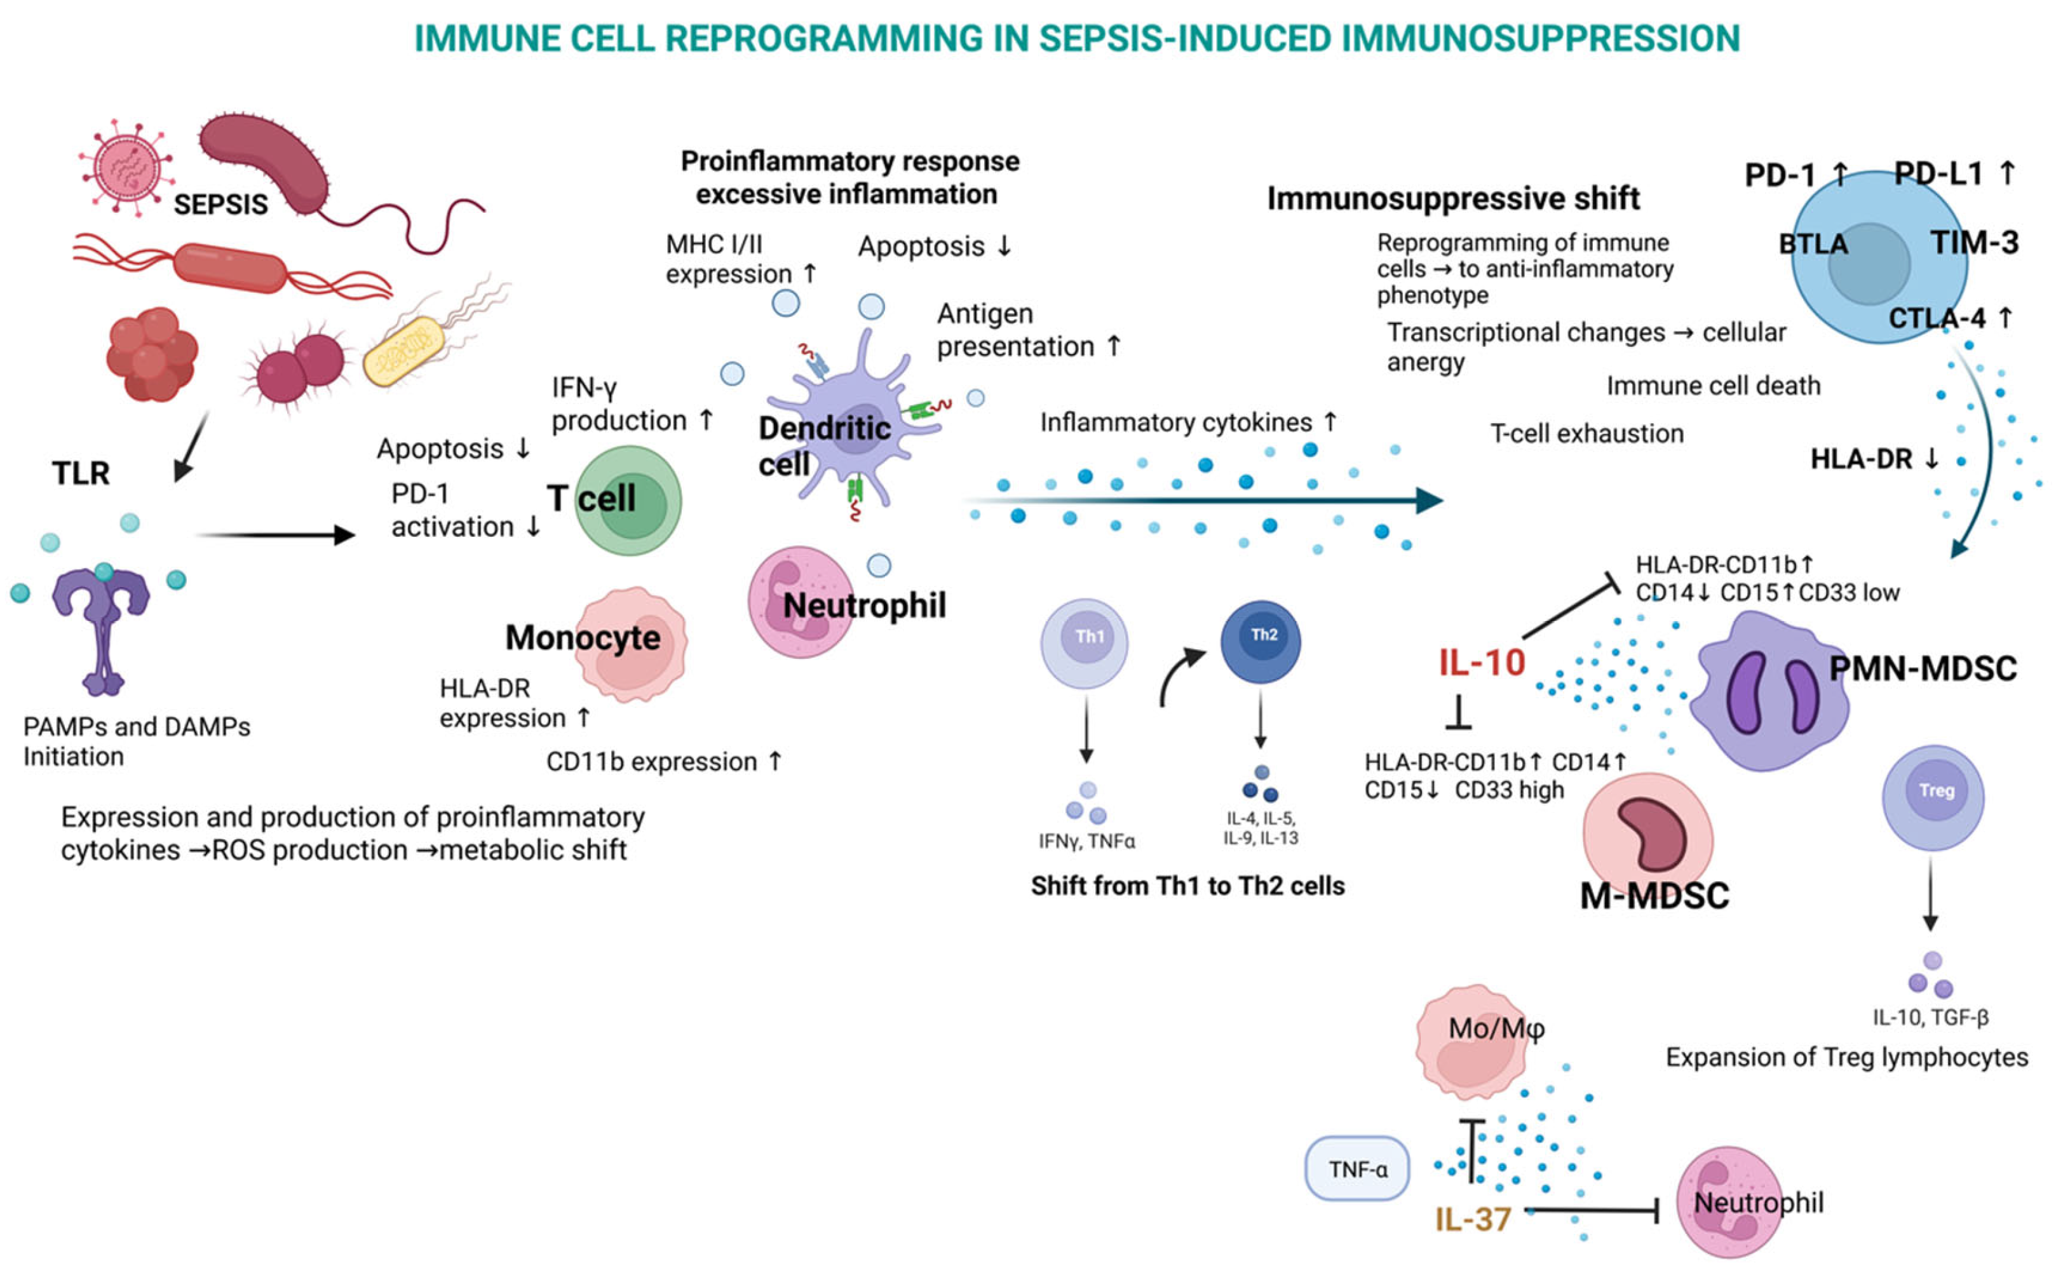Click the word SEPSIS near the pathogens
click(220, 204)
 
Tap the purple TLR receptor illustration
click(102, 626)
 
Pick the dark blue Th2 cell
click(1260, 642)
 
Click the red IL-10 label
click(1482, 663)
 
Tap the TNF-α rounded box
click(1356, 1168)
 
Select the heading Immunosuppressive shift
click(1452, 199)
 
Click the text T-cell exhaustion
click(1586, 433)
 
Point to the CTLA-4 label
click(1937, 318)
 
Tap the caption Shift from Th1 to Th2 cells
click(1187, 886)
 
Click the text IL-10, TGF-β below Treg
click(1930, 1017)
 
